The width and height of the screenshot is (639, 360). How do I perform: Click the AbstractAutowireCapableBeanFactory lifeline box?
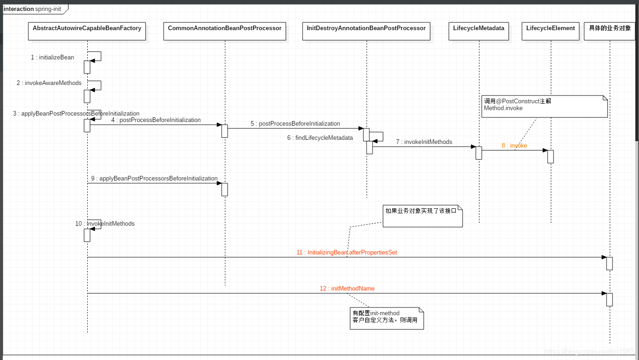(x=87, y=31)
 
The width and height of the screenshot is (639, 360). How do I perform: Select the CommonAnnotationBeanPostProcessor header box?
(x=224, y=31)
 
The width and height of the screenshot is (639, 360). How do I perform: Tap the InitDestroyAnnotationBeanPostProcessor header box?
(x=366, y=31)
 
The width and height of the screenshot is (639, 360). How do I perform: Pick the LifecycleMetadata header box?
(x=479, y=31)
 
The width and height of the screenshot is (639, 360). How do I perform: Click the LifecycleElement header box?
(x=550, y=31)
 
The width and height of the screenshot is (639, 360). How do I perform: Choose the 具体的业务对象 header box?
(x=610, y=31)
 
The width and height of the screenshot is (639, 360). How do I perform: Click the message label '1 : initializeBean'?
(x=53, y=58)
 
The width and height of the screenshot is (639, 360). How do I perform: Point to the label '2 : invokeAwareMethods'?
(x=49, y=83)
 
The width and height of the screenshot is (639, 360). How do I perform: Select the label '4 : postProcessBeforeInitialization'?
(x=156, y=120)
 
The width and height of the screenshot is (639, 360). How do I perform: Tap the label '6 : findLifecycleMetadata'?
(x=320, y=138)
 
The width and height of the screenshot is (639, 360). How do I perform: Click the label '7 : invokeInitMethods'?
(x=424, y=142)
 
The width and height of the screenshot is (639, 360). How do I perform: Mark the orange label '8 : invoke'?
(x=514, y=146)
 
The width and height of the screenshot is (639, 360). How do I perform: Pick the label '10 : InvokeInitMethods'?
(x=105, y=224)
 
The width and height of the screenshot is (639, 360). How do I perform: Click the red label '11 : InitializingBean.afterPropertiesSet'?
(x=347, y=253)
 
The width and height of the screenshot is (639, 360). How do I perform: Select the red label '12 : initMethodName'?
(x=347, y=289)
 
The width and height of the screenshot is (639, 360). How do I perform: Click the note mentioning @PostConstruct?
(x=544, y=106)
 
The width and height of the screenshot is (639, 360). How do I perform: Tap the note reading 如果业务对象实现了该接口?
(x=422, y=216)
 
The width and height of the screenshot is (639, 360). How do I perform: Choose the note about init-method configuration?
(x=387, y=318)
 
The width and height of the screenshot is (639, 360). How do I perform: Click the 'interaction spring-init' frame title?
(x=32, y=9)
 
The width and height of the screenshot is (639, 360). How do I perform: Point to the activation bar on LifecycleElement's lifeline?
(x=550, y=156)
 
